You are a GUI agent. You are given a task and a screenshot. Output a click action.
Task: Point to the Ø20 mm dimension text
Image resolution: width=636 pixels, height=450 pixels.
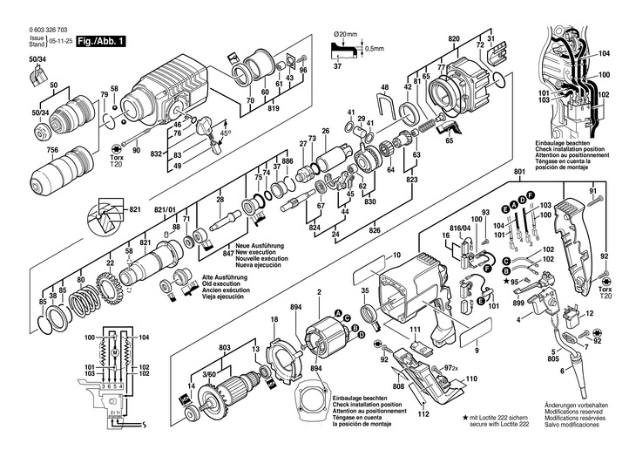348,33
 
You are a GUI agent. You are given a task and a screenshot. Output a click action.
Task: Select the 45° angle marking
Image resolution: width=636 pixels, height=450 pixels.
225,132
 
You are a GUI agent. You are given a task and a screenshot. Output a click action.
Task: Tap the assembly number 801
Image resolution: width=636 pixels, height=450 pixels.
520,173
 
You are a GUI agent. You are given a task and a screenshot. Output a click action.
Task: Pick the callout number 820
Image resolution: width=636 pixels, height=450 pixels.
453,40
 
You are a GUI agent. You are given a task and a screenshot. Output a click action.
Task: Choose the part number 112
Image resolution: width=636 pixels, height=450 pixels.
424,415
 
